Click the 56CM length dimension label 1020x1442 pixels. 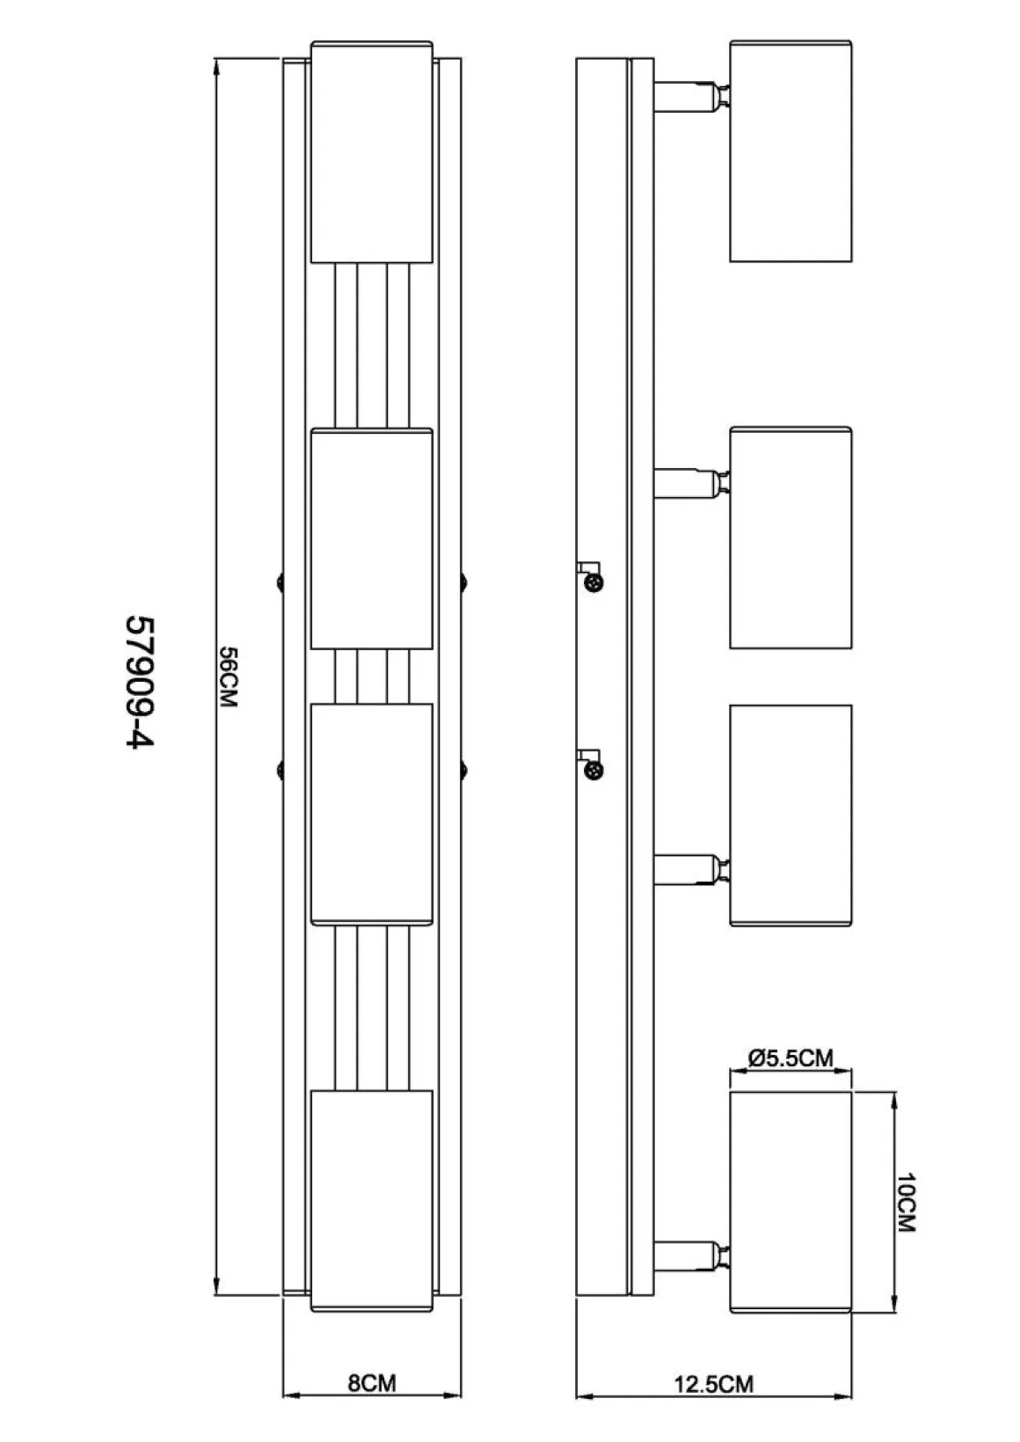click(x=229, y=677)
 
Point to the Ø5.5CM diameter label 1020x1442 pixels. click(x=790, y=1058)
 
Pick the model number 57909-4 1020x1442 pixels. click(x=140, y=683)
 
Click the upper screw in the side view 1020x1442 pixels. click(x=595, y=582)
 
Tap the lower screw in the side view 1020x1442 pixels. click(x=595, y=770)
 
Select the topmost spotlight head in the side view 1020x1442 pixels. click(x=790, y=151)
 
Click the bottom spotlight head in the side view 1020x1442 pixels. click(x=790, y=1202)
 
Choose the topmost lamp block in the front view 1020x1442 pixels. click(x=372, y=152)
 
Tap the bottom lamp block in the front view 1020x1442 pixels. click(x=372, y=1201)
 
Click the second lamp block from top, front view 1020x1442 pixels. click(x=372, y=538)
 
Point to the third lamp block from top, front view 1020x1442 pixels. click(x=372, y=815)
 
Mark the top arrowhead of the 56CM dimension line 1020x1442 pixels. click(x=216, y=69)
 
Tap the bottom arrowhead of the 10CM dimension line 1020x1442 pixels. click(x=894, y=1301)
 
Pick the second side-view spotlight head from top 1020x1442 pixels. click(x=790, y=538)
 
